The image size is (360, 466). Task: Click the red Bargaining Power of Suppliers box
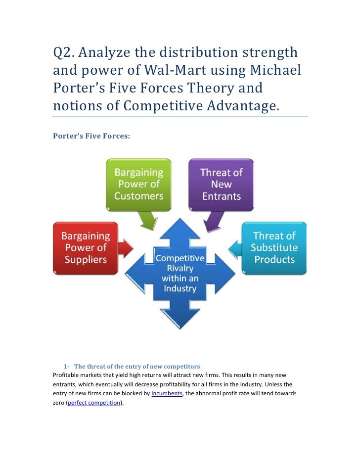click(x=85, y=247)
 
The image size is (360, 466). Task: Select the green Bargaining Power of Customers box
click(x=138, y=184)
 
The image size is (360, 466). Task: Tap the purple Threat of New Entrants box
click(x=221, y=184)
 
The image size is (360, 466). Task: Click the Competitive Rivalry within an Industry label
click(x=180, y=273)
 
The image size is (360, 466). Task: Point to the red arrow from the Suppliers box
click(x=126, y=247)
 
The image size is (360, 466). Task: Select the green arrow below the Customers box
click(x=147, y=220)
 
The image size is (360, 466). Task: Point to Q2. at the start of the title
click(x=65, y=52)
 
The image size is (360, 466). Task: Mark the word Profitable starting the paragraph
click(x=68, y=375)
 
